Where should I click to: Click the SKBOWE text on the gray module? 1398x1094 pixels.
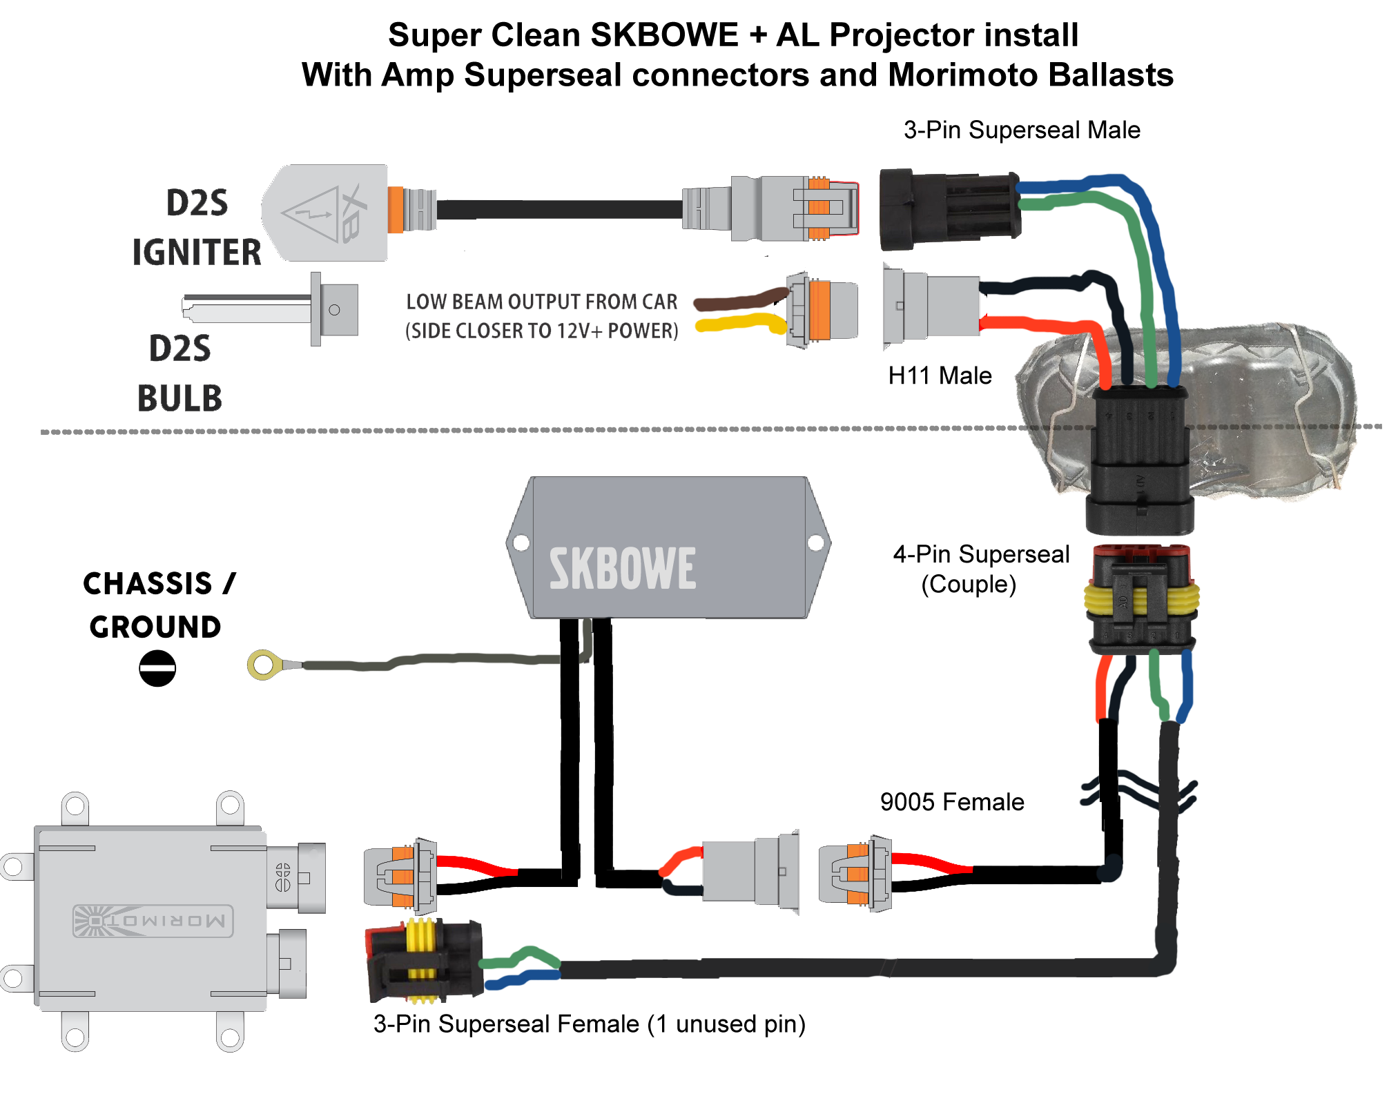click(x=622, y=569)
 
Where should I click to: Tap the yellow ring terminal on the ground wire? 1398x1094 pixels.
click(x=263, y=665)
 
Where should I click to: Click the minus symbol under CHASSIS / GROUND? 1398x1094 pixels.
click(x=157, y=668)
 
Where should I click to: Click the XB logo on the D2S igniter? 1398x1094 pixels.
click(x=351, y=213)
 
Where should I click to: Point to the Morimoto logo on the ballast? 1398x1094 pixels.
click(x=153, y=921)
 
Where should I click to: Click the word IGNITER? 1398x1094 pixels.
click(x=197, y=252)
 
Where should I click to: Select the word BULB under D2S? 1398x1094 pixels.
click(x=180, y=398)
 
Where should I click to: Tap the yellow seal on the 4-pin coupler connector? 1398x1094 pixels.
click(x=1140, y=600)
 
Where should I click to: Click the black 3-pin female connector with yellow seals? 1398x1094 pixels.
click(x=423, y=960)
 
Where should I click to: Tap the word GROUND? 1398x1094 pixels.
click(x=155, y=627)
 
